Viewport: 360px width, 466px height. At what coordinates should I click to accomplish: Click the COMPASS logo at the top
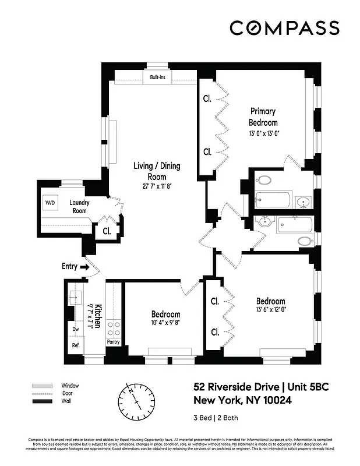pos(284,27)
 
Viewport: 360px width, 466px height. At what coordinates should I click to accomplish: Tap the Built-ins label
pos(157,77)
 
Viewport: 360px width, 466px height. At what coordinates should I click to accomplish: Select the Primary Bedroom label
pos(263,116)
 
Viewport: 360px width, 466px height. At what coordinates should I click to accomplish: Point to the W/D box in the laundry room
pos(49,203)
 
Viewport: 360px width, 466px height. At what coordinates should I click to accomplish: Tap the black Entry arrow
pos(84,267)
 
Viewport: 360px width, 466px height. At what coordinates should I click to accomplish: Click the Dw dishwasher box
pos(75,329)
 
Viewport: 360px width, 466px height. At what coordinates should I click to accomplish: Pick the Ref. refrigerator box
pos(75,345)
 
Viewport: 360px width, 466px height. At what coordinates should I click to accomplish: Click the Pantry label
pos(113,342)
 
